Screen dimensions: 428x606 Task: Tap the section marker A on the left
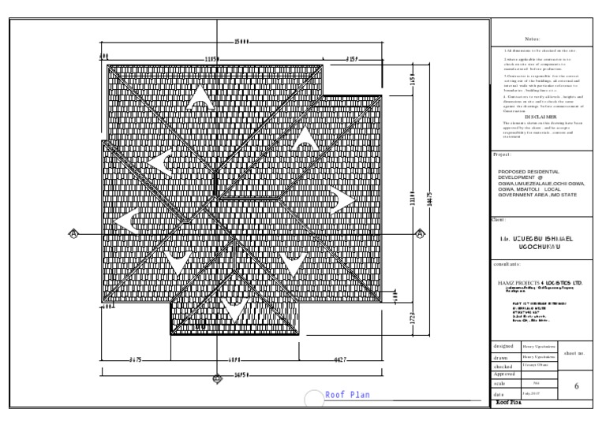click(x=73, y=233)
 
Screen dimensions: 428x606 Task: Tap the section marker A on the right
click(x=420, y=233)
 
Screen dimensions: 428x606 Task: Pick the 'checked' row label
click(x=504, y=367)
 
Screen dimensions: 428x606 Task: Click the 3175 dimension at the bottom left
click(x=136, y=359)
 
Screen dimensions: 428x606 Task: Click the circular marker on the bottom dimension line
click(x=218, y=378)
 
